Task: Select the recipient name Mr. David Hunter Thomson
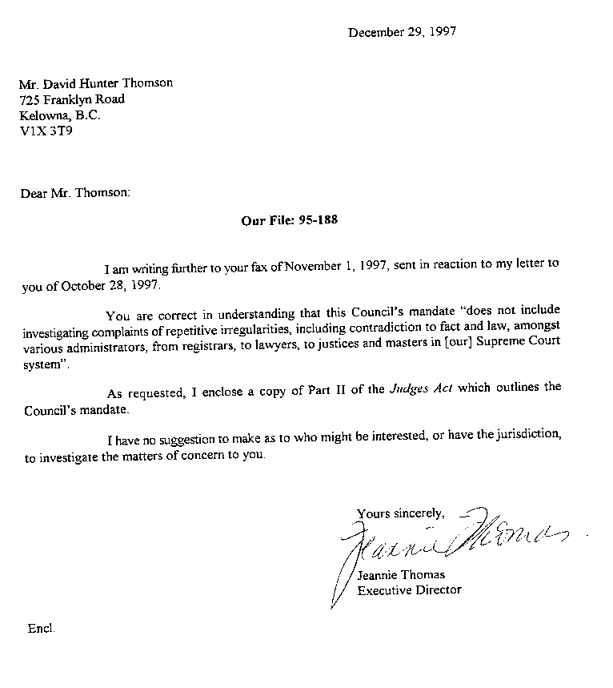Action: coord(95,82)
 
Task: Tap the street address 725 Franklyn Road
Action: coord(72,99)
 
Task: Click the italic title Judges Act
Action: coord(416,388)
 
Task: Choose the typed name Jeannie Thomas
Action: coord(400,574)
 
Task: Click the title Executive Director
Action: coord(409,590)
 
